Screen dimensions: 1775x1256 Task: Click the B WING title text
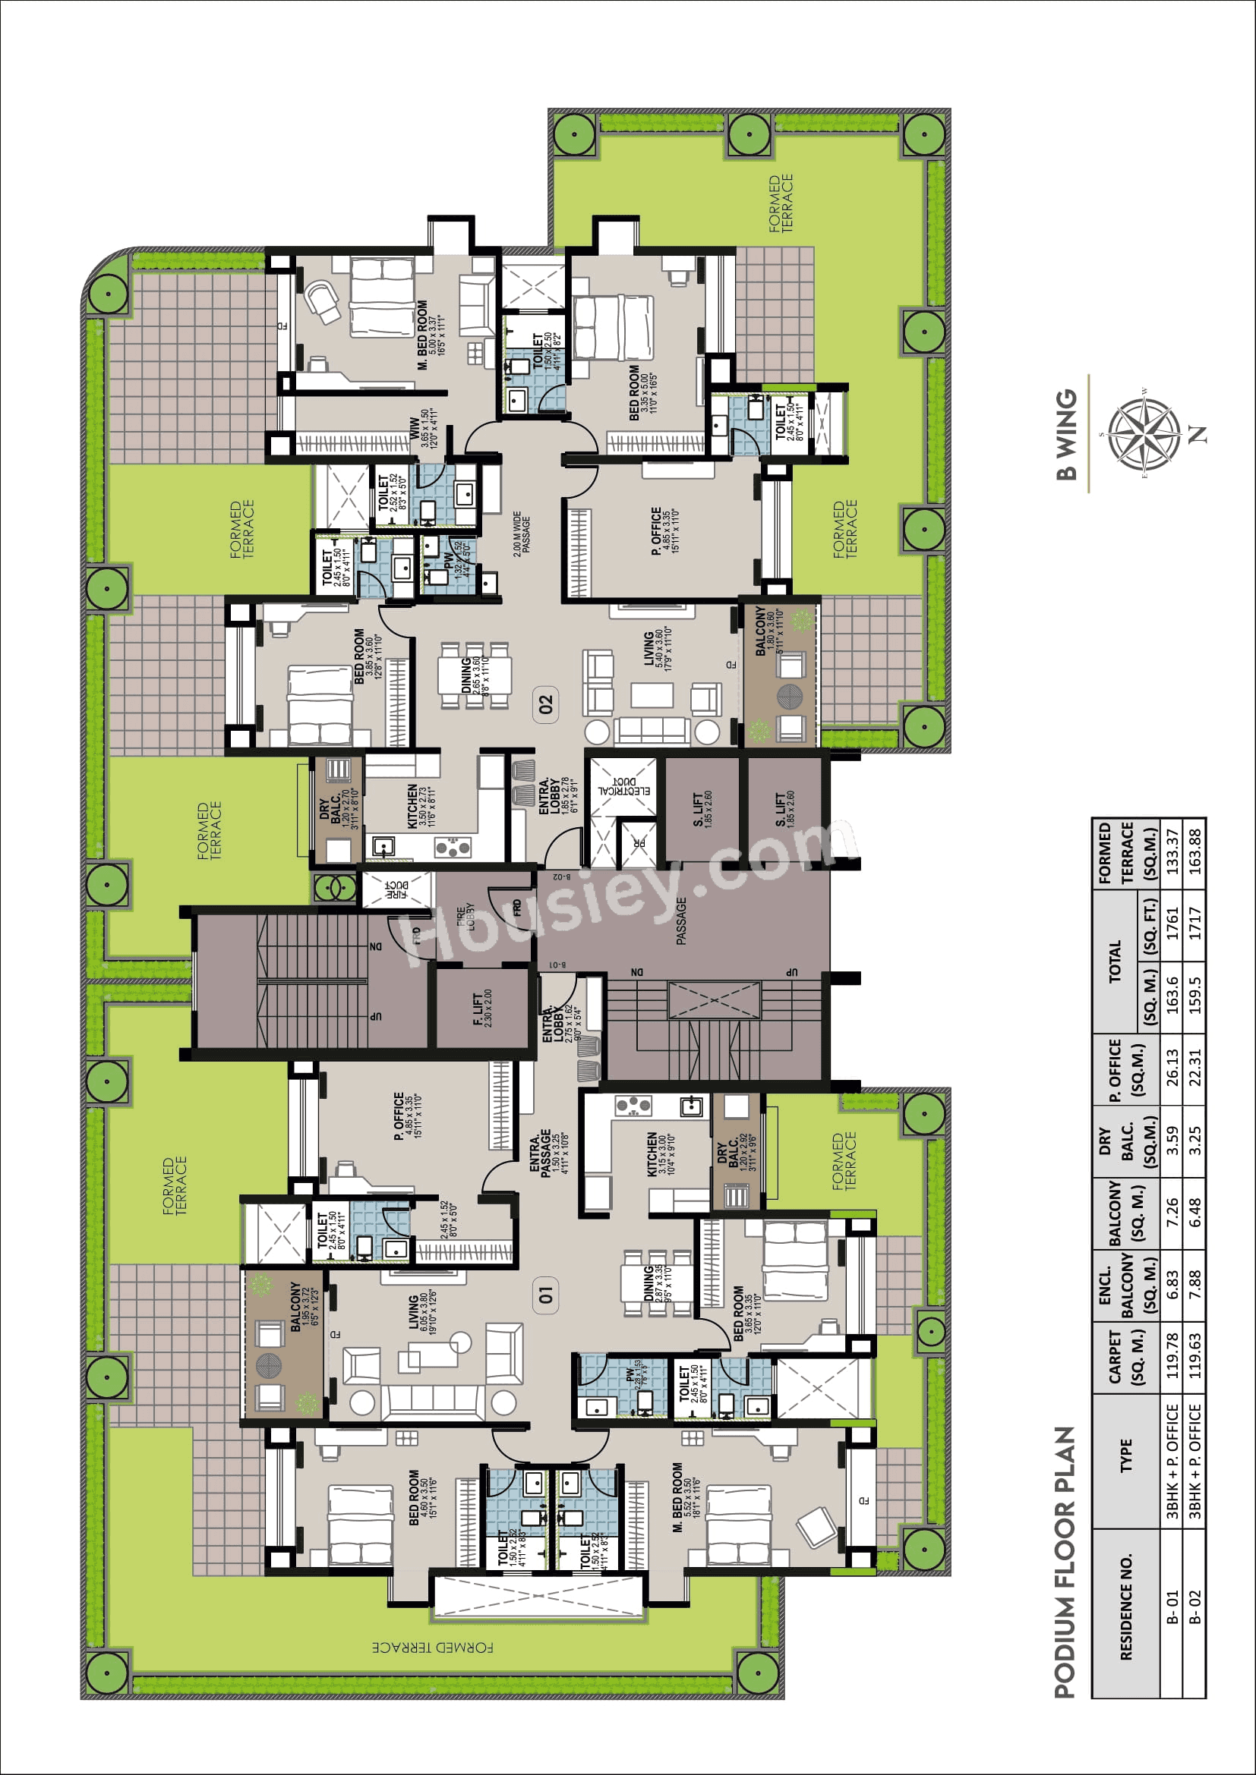tap(1067, 436)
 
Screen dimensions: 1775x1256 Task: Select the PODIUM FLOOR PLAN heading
tap(1065, 1563)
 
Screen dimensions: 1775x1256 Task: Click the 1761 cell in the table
tap(1172, 924)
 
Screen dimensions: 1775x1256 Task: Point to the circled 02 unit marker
tap(546, 704)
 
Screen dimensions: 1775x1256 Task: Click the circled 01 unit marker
tap(546, 1294)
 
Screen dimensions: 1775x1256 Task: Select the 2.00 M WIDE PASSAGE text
tap(521, 533)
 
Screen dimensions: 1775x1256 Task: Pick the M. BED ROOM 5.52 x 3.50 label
tap(683, 1496)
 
